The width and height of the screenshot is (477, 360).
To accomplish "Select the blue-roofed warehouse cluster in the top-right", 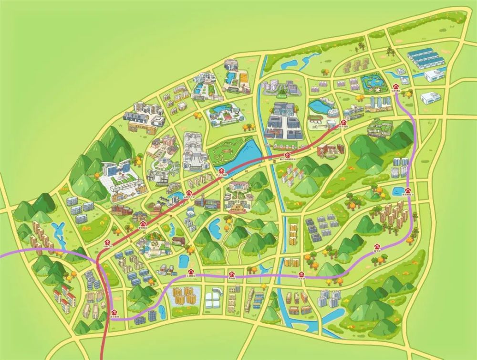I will coord(425,58).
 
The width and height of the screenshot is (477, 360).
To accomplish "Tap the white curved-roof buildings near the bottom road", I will coord(212,300).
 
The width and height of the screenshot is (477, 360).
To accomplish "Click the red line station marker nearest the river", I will coord(288,156).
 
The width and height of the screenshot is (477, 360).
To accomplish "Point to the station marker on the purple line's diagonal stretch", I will coord(377,248).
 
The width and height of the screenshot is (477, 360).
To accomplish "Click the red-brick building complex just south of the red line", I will coord(330,150).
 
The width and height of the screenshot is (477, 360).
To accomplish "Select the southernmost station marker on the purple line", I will coord(114,311).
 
